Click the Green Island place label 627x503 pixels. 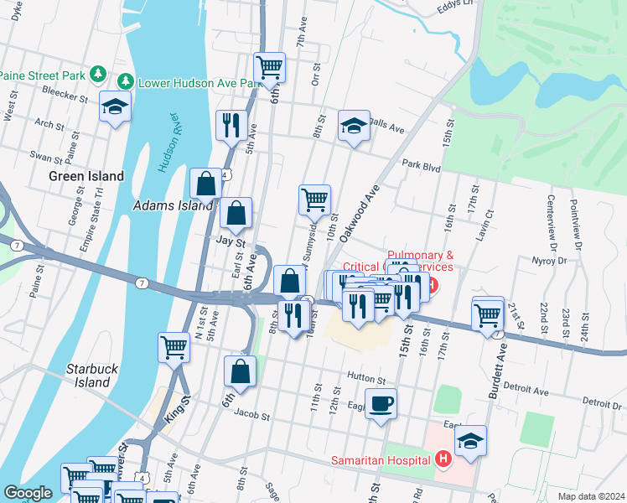[x=86, y=176]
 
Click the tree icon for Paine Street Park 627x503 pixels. [x=98, y=75]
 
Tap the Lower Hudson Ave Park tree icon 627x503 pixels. [x=125, y=82]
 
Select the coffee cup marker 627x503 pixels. [x=381, y=403]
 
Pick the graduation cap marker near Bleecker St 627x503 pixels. [x=115, y=106]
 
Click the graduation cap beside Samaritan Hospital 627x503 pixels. [x=470, y=441]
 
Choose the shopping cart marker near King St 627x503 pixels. [x=174, y=345]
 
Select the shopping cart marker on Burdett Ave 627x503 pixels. [x=488, y=314]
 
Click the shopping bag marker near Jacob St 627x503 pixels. [x=240, y=372]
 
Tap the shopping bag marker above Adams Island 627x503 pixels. [x=206, y=183]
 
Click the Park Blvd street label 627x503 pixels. [x=421, y=167]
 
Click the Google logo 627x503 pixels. [x=28, y=493]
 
